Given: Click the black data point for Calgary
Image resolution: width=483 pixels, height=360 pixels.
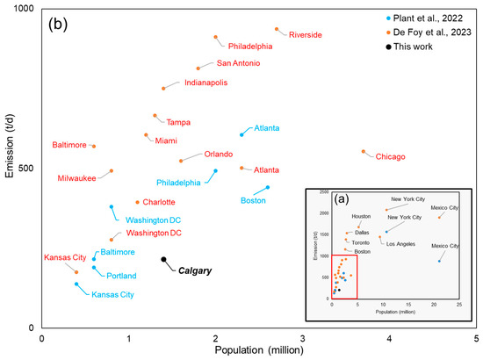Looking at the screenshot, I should pyautogui.click(x=163, y=260).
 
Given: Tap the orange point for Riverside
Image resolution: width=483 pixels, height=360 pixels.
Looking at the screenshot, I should pyautogui.click(x=277, y=29).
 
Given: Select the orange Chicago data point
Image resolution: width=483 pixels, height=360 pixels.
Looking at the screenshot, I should pyautogui.click(x=364, y=151).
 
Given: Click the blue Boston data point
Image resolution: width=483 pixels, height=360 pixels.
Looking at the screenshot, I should pyautogui.click(x=268, y=187).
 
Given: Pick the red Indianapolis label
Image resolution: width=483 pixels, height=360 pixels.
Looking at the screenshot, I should pyautogui.click(x=205, y=83).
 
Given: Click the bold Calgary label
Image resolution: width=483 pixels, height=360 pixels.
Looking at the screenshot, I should pyautogui.click(x=195, y=271).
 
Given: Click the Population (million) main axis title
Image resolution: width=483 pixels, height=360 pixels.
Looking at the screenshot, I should pyautogui.click(x=259, y=351).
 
